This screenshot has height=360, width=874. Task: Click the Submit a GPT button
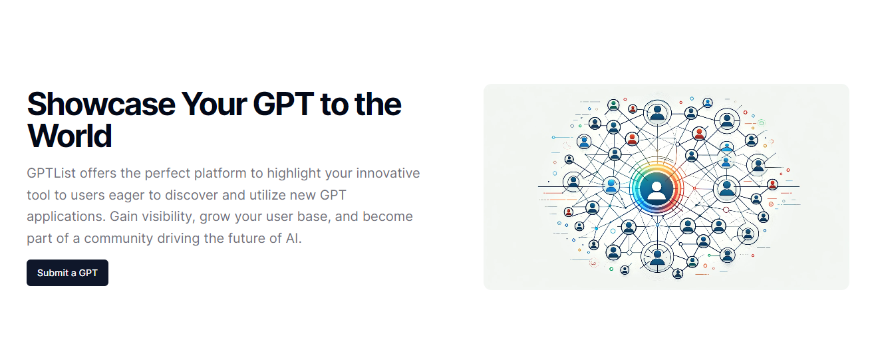click(x=67, y=273)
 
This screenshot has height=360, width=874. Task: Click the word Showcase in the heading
click(x=101, y=104)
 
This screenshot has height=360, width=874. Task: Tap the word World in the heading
click(x=69, y=136)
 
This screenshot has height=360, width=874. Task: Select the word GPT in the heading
click(x=283, y=104)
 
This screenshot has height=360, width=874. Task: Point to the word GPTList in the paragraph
click(x=51, y=173)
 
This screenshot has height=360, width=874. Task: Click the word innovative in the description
click(x=388, y=173)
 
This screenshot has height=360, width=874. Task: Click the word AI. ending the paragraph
click(x=294, y=238)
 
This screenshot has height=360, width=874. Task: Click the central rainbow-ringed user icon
click(x=656, y=188)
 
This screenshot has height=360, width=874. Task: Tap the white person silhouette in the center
click(x=656, y=191)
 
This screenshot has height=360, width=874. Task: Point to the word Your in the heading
click(x=214, y=104)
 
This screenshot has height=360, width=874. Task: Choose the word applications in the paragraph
click(x=67, y=216)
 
